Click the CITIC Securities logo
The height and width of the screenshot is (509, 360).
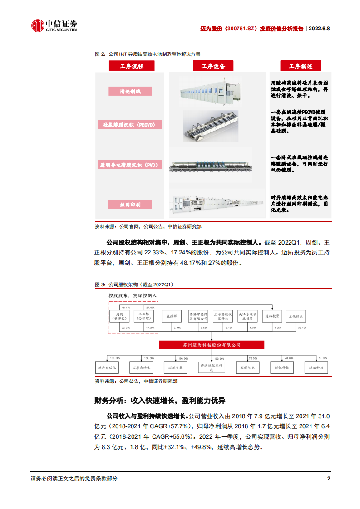54,26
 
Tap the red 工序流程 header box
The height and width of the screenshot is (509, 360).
131,66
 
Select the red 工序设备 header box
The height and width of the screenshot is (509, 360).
213,66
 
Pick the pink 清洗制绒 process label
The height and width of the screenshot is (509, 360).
130,91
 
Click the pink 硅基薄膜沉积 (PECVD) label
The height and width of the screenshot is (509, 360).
130,124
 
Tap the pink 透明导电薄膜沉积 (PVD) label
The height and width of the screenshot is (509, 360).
130,165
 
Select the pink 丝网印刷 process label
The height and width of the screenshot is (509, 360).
130,205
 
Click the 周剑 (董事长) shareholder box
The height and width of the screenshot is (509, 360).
120,316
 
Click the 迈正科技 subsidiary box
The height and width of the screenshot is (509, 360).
311,368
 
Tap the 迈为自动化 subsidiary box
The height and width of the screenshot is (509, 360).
107,368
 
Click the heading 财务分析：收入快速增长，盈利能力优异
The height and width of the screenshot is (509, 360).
159,401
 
